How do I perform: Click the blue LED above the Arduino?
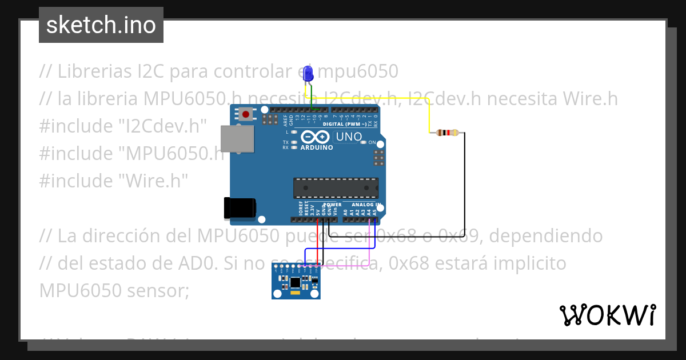tap(308, 74)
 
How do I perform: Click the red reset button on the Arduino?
tap(246, 114)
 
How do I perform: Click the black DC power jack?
tap(240, 208)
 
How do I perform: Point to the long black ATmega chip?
tap(336, 187)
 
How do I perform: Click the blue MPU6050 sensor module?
tap(296, 282)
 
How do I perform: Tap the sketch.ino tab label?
tap(101, 25)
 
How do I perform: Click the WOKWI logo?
tap(607, 315)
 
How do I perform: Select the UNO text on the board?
tap(349, 137)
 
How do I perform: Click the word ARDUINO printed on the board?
tap(316, 147)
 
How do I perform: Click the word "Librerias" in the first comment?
tap(93, 71)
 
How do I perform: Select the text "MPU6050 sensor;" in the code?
tap(114, 290)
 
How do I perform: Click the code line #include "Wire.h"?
tap(114, 181)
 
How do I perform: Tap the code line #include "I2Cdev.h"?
tap(122, 126)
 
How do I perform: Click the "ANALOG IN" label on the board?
tap(366, 205)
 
